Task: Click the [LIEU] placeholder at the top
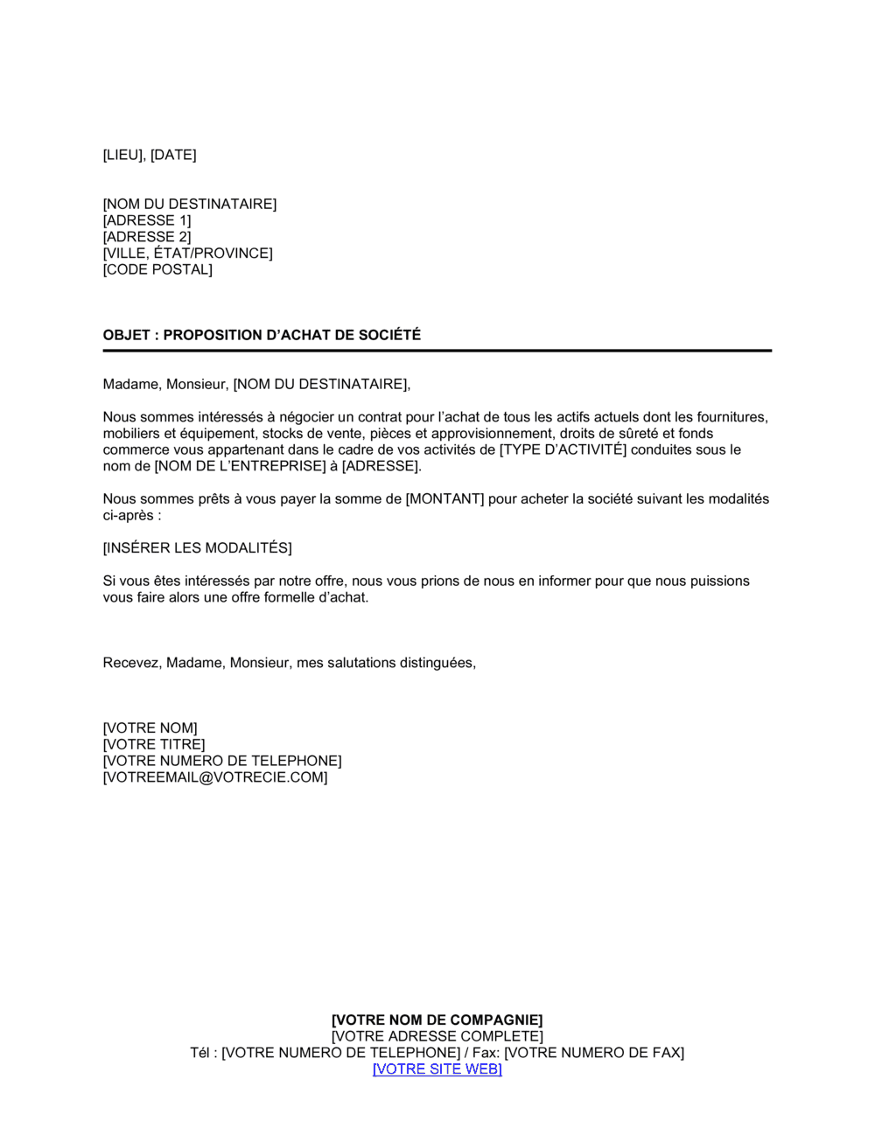tap(124, 155)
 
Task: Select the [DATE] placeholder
tap(173, 155)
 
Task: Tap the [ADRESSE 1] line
tap(147, 220)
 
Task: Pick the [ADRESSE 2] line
tap(147, 237)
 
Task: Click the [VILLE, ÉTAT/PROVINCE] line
tap(187, 254)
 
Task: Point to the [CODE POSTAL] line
tap(157, 269)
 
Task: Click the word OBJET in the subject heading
tap(126, 335)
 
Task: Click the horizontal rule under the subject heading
tap(437, 351)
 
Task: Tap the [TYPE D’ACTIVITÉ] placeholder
tap(563, 449)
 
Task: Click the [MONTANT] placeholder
tap(444, 499)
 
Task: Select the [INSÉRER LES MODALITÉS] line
tap(197, 548)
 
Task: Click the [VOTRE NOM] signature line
tap(150, 728)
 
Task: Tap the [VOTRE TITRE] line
tap(154, 745)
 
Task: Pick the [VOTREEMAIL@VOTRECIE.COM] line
tap(215, 777)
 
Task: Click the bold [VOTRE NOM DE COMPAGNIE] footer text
tap(437, 1020)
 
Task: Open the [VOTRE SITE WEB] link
tap(437, 1069)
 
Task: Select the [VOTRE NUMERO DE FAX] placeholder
tap(594, 1053)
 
